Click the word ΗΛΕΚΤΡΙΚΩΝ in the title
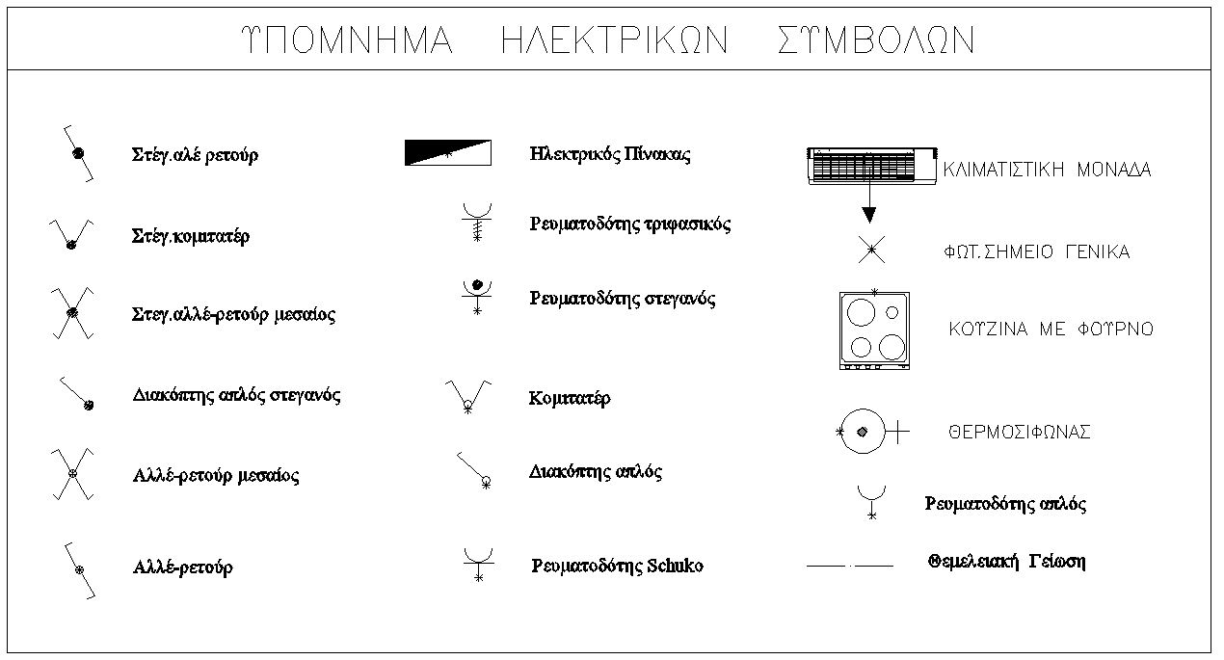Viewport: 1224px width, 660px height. (615, 40)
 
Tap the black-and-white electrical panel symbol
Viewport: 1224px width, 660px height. (448, 153)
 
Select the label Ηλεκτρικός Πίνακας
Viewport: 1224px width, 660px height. (610, 154)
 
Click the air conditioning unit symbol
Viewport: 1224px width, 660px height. (872, 165)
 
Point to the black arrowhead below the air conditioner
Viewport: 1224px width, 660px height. (868, 215)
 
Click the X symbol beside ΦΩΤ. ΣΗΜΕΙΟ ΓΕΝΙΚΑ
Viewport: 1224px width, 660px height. (871, 250)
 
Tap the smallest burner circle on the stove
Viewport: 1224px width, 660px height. (892, 312)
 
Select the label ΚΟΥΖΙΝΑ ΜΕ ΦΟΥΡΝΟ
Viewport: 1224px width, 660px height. (1051, 329)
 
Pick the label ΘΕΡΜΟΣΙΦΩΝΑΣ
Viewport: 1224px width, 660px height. (1020, 433)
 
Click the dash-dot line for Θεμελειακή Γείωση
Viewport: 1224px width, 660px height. (850, 566)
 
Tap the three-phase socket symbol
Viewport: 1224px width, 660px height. (477, 223)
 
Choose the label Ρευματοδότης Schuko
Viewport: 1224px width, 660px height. (618, 566)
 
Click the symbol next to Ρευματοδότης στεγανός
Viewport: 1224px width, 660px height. (477, 297)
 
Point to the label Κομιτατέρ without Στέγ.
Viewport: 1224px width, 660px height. (570, 398)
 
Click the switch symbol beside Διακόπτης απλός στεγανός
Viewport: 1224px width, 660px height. (76, 393)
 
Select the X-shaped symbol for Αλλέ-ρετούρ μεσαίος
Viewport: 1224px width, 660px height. (72, 474)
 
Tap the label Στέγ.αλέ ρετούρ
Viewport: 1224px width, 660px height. (195, 154)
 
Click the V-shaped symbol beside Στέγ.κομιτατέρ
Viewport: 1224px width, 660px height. (71, 235)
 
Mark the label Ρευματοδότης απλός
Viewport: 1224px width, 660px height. (1005, 504)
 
